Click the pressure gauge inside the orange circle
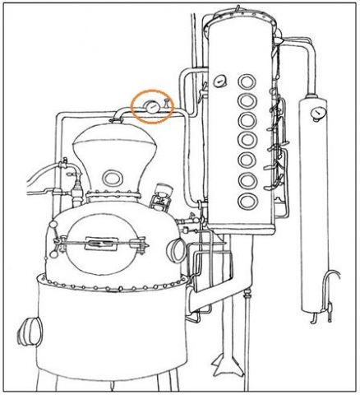tap(152, 106)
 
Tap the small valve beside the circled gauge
tap(165, 104)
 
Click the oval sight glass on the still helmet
tap(112, 178)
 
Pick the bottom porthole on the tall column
tap(246, 202)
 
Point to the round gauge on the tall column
tap(219, 81)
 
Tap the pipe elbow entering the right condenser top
tap(308, 49)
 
